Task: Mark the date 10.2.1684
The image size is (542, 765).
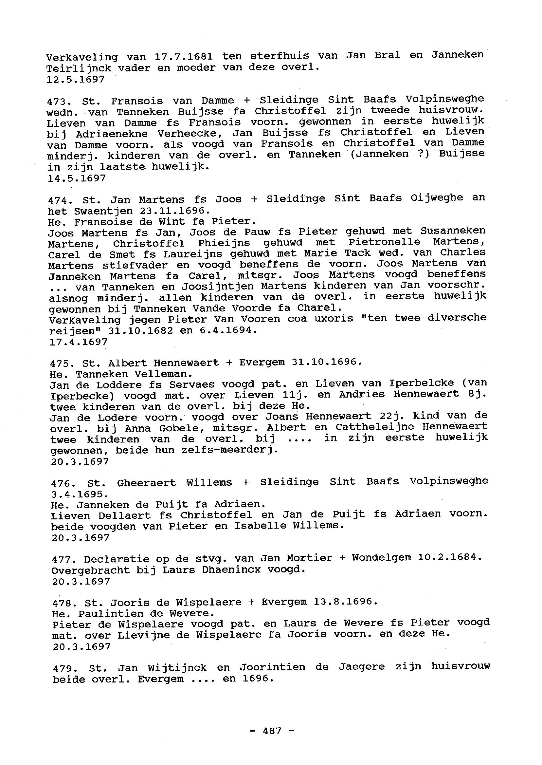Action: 450,557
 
